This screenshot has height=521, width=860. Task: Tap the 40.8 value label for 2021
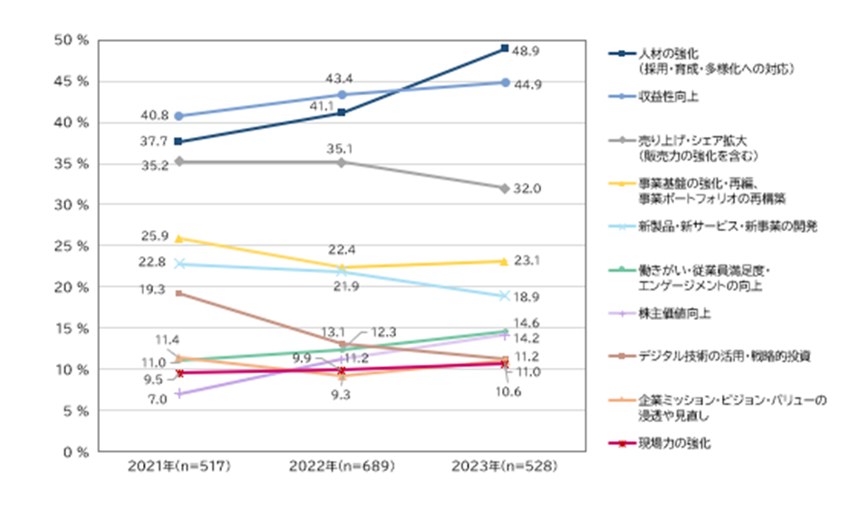coord(153,115)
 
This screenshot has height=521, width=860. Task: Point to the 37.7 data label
coord(153,141)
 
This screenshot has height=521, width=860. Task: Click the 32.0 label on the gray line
coord(527,188)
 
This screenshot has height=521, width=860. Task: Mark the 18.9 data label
coord(527,296)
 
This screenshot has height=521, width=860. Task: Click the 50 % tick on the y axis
coord(71,41)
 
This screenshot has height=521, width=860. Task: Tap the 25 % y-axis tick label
coord(71,246)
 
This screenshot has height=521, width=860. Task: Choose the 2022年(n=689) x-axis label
coord(342,468)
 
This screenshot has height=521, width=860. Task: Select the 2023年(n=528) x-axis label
coord(504,468)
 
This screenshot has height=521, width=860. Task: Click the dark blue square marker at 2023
coord(504,48)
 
